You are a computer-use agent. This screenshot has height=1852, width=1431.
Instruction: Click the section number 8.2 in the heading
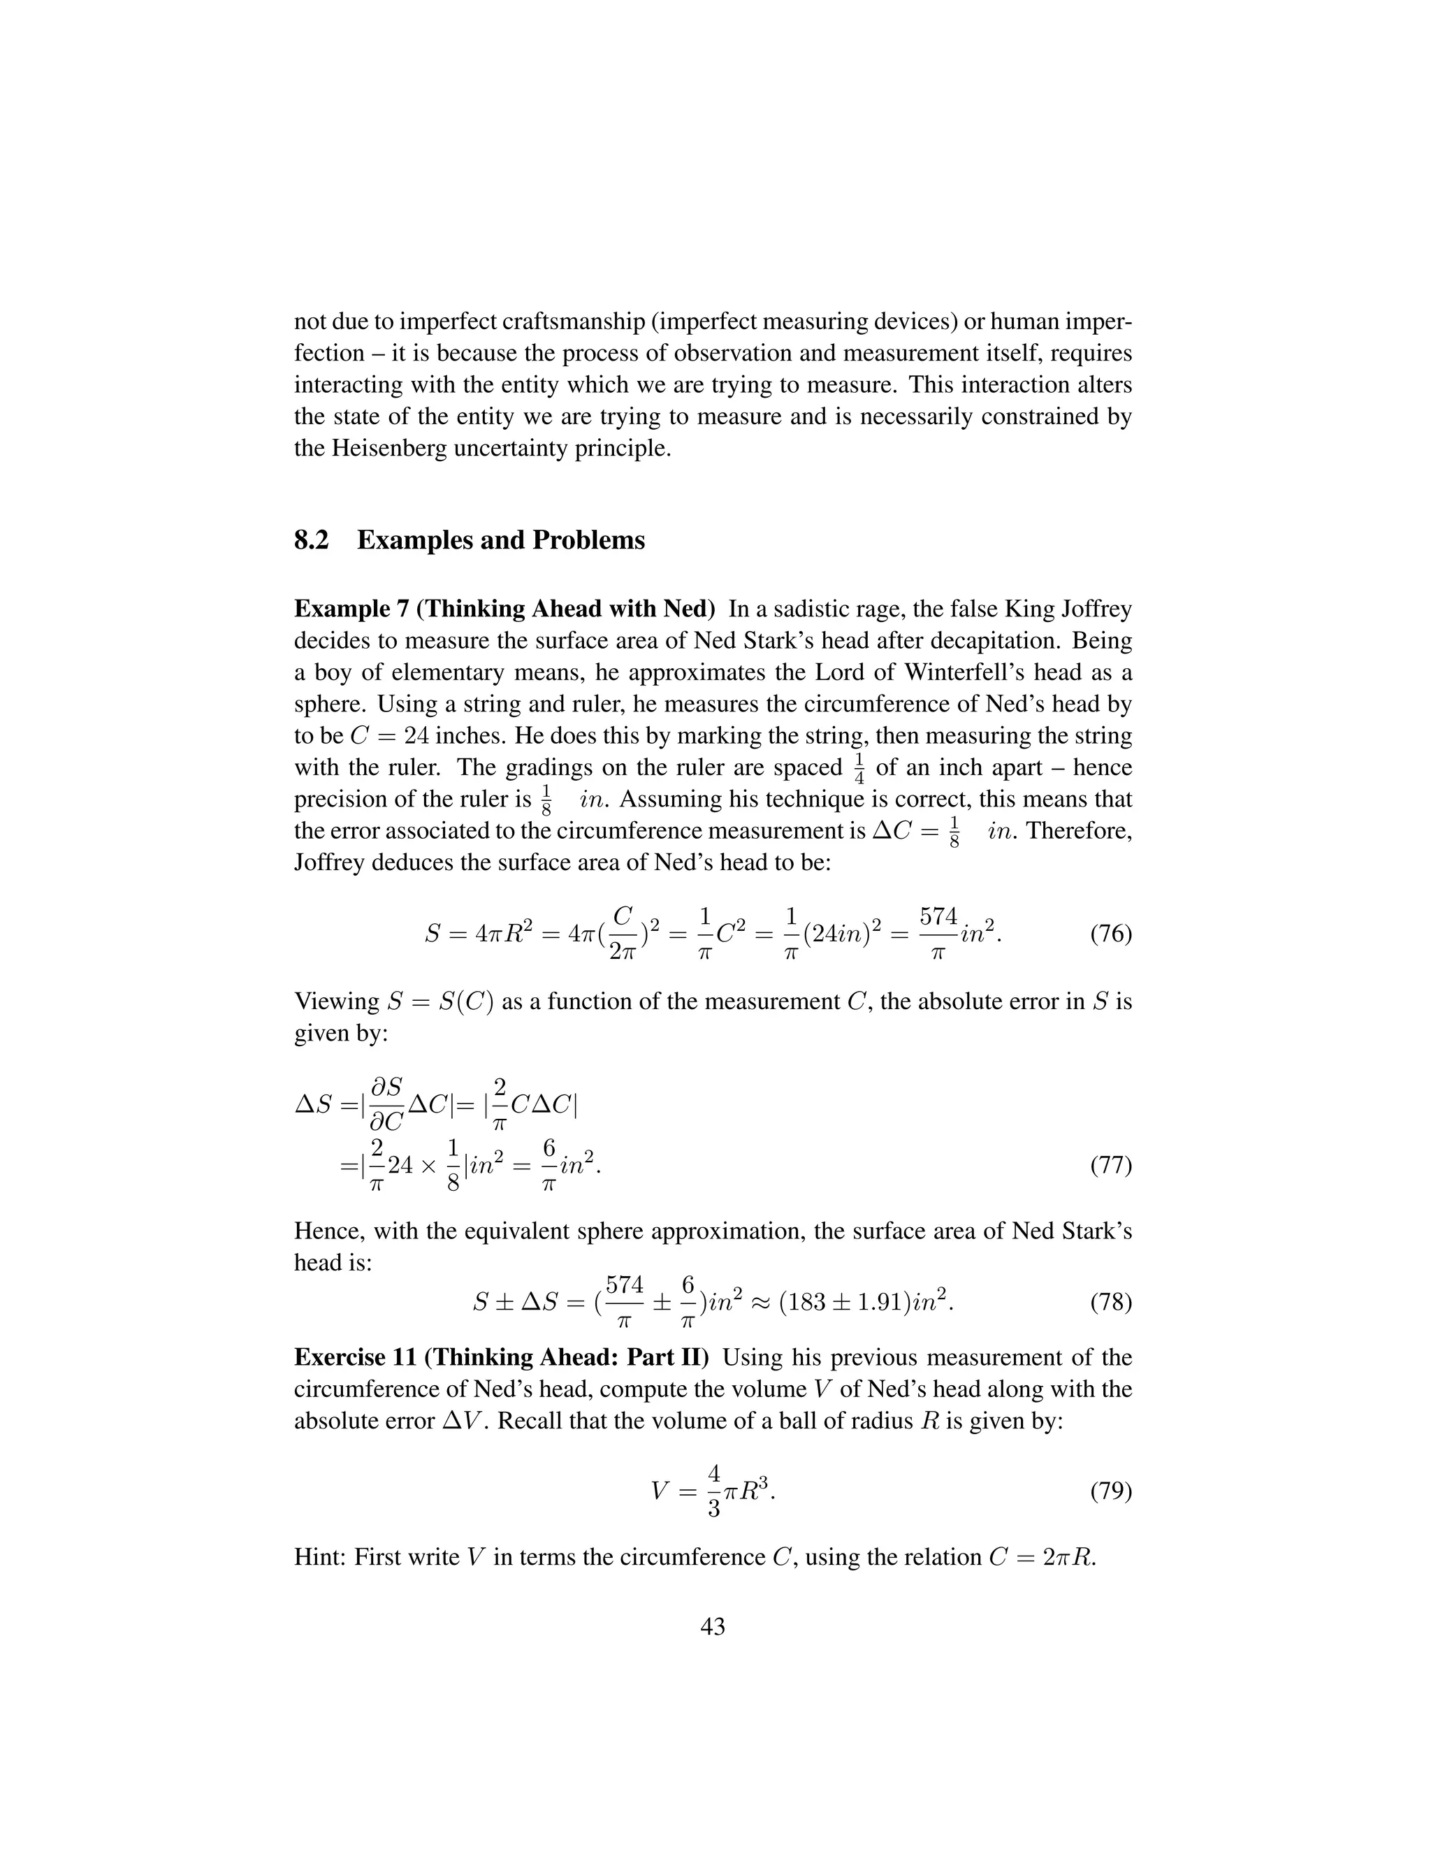pos(311,540)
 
